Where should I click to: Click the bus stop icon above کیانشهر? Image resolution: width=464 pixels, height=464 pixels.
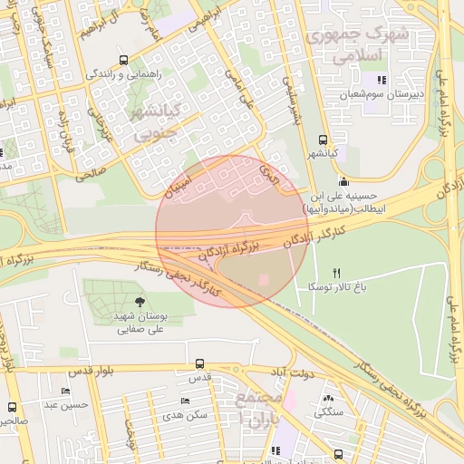click(x=324, y=140)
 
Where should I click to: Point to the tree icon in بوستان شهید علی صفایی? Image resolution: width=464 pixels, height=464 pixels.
click(x=139, y=303)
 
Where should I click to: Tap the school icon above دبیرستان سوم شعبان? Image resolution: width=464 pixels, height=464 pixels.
click(x=381, y=80)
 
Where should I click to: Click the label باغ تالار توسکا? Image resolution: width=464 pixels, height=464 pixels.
click(x=337, y=286)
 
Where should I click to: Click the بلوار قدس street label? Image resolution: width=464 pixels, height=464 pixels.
click(x=69, y=371)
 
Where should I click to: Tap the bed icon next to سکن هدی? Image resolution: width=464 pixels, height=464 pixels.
click(x=185, y=401)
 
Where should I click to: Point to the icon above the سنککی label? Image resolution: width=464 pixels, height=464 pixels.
click(x=327, y=398)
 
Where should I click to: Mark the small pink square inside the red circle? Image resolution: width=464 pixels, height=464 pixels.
click(x=264, y=280)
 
